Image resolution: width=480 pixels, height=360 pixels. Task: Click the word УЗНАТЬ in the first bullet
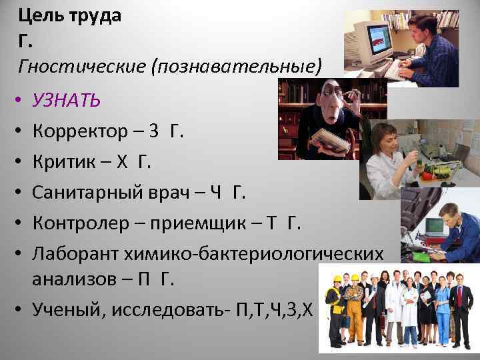(x=67, y=101)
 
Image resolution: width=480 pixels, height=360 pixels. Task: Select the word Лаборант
(x=72, y=254)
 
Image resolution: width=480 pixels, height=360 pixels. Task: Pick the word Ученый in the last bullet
(x=63, y=311)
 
